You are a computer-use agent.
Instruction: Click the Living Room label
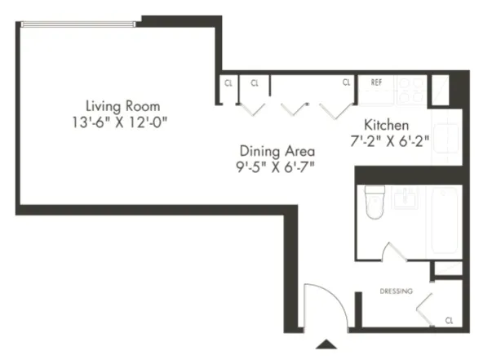123,106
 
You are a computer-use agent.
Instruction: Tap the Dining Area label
277,151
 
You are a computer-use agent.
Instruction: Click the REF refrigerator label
377,82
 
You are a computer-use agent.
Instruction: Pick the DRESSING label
397,291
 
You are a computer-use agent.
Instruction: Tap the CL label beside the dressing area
449,320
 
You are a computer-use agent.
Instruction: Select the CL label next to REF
346,82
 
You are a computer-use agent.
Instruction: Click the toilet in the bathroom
374,202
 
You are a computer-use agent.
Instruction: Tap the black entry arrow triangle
326,344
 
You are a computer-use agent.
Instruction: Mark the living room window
81,24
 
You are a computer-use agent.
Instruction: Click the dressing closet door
425,309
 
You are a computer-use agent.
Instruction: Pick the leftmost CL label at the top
228,82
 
